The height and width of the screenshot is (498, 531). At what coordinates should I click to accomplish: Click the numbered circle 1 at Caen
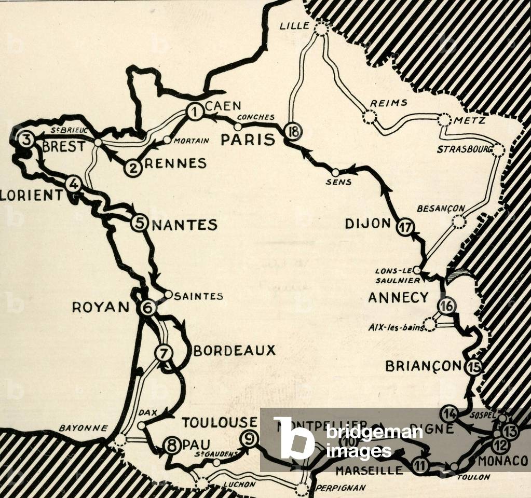coord(194,112)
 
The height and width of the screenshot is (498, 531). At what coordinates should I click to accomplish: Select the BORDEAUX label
coord(234,351)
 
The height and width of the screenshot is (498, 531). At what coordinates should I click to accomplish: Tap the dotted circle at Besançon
coord(459,222)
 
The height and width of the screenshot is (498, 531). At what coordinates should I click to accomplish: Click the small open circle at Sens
coord(335,172)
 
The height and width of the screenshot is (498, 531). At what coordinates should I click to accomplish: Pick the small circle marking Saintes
coord(168,294)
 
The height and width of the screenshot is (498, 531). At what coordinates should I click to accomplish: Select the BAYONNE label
coord(83,428)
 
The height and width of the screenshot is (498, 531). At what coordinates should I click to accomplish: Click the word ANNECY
coord(398,297)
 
